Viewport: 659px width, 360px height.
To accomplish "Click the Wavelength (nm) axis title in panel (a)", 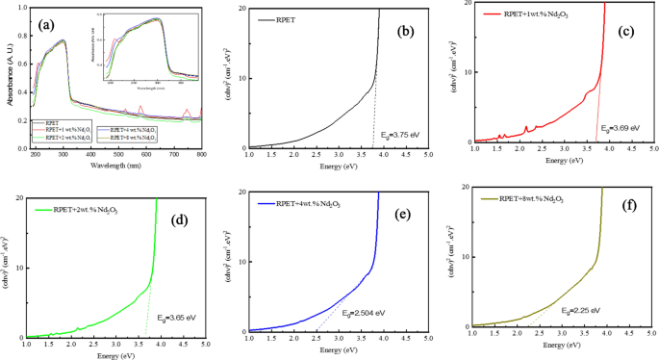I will pyautogui.click(x=116, y=163).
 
